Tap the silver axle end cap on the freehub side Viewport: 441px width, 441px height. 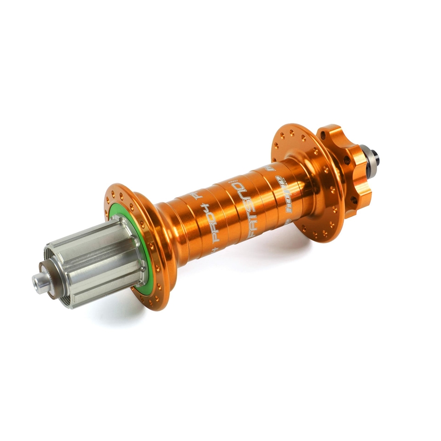pyautogui.click(x=40, y=282)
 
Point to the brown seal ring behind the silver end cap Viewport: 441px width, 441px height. pyautogui.click(x=51, y=277)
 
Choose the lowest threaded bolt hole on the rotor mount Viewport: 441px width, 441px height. pyautogui.click(x=354, y=200)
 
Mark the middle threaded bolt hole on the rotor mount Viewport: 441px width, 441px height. pyautogui.click(x=345, y=160)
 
